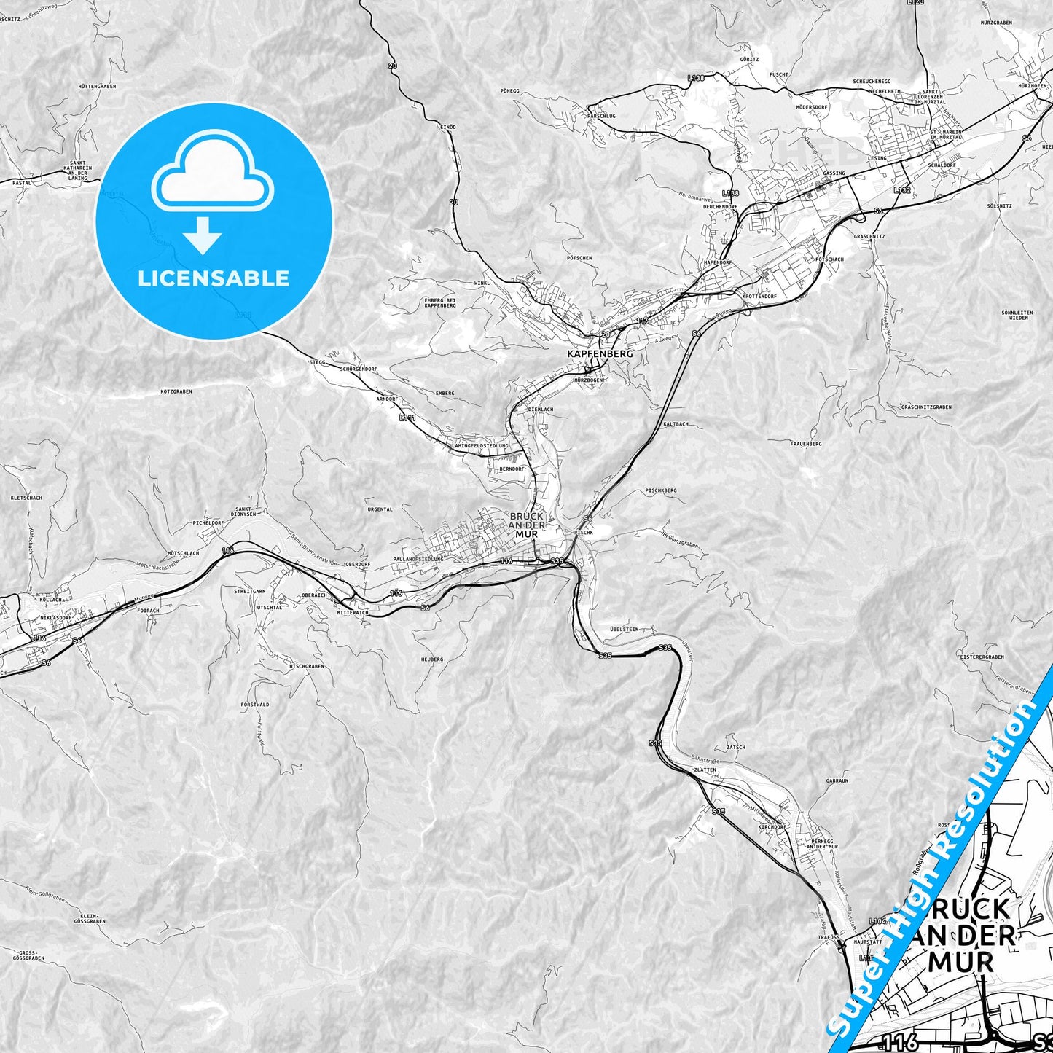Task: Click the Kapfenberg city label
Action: pos(600,353)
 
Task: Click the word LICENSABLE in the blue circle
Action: pos(214,278)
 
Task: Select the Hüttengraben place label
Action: pos(97,86)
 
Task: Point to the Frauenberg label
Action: pos(805,443)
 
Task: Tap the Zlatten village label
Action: pos(705,770)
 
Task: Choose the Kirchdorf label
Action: pos(772,827)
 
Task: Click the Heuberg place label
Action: pos(431,659)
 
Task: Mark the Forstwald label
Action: pos(255,705)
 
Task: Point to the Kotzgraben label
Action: pos(176,391)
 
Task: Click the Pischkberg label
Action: pos(661,490)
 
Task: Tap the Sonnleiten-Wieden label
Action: pos(1014,315)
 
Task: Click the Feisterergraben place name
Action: pos(980,657)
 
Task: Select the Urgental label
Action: pos(380,509)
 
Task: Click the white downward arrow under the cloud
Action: pos(203,235)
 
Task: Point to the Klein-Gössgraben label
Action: pos(93,918)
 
